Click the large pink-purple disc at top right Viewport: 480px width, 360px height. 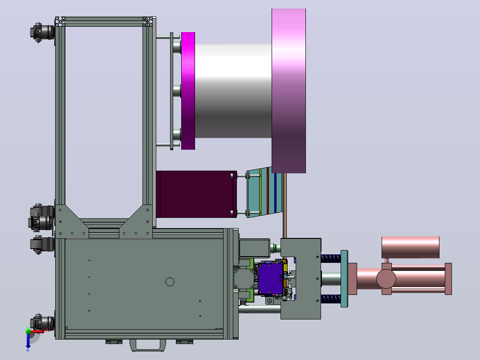289,91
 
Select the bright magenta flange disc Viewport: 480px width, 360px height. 188,91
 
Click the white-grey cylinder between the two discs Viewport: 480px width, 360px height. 233,91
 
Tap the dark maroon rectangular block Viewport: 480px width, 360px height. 196,194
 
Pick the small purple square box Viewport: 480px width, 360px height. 271,278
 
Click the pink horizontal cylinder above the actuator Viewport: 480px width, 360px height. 410,247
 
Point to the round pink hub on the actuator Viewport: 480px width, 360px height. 386,279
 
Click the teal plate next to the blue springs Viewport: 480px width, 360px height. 344,278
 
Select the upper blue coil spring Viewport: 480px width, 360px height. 331,258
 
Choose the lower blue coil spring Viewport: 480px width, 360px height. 331,299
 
